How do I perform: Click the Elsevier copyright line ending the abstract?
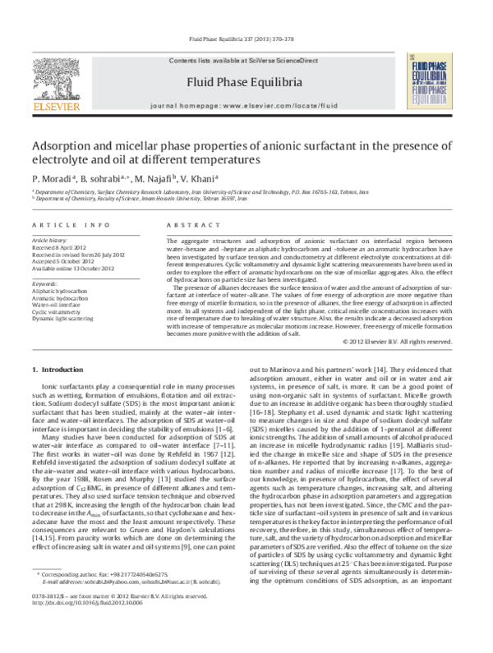click(404, 341)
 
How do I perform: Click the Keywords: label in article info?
click(46, 283)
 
